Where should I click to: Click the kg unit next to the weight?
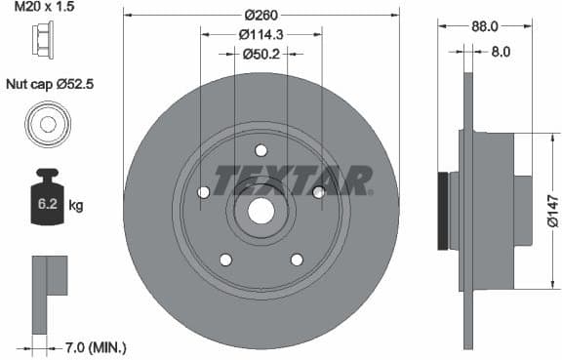(x=75, y=206)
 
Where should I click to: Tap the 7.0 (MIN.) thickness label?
(x=94, y=347)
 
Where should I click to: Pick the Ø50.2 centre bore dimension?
(x=261, y=54)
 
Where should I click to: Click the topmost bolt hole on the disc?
(x=261, y=150)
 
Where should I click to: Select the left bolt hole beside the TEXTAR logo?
(x=204, y=192)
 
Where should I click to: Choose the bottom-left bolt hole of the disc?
(x=225, y=259)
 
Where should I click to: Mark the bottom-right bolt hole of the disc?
(x=297, y=259)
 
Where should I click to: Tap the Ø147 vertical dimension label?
(x=552, y=210)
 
